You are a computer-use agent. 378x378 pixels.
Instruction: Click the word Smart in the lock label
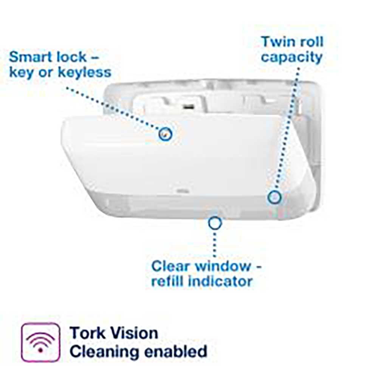(x=29, y=57)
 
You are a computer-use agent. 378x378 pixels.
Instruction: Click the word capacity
(x=292, y=57)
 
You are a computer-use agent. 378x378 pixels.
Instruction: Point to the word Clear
(x=170, y=266)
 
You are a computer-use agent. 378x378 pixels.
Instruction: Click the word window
(x=223, y=266)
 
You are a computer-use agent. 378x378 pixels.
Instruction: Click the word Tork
(x=88, y=333)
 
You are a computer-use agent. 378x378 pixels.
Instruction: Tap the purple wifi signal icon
(x=40, y=342)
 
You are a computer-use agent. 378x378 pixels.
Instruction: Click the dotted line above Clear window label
(x=215, y=244)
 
